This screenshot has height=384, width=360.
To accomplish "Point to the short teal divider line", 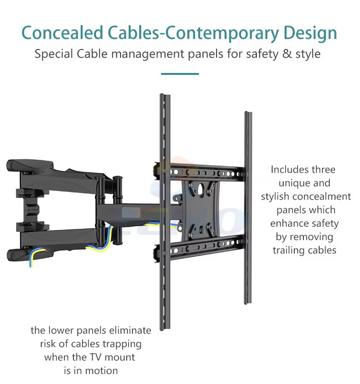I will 180,74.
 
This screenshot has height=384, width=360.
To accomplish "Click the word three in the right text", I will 321,169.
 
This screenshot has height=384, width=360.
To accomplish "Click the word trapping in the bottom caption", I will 122,344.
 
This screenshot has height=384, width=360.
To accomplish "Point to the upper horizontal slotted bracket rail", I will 206,171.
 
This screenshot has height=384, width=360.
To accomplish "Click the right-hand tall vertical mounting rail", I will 248,206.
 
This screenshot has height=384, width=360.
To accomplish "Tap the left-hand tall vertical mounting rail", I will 164,211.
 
